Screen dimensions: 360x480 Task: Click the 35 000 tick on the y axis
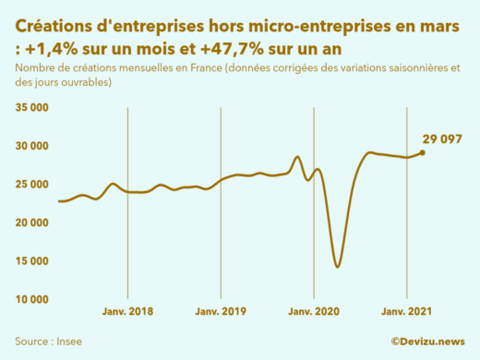[32, 107]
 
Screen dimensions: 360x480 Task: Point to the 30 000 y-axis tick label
[32, 146]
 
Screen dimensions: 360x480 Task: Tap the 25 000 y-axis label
[32, 184]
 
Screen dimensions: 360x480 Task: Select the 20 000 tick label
[32, 222]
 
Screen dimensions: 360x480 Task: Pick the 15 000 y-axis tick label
[32, 260]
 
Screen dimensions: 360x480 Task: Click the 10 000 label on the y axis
[32, 299]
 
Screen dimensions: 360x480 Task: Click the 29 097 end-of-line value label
[441, 139]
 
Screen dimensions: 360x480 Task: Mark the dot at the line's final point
[422, 152]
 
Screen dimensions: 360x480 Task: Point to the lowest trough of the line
[338, 267]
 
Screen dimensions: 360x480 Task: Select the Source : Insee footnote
[47, 342]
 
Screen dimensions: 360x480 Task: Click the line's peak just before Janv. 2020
[296, 157]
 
